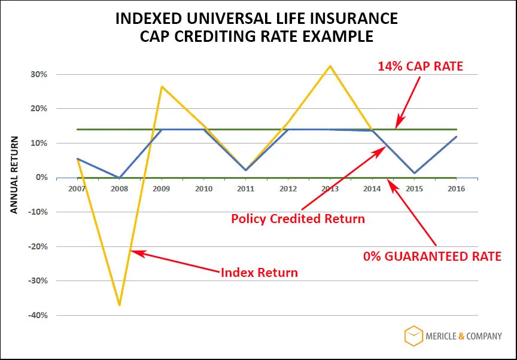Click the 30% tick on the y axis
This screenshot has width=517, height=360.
pyautogui.click(x=39, y=75)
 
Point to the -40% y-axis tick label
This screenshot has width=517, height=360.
pyautogui.click(x=38, y=315)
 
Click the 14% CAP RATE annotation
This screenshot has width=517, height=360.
pyautogui.click(x=420, y=66)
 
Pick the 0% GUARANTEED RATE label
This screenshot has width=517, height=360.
pyautogui.click(x=432, y=257)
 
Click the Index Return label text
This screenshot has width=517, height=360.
pyautogui.click(x=259, y=273)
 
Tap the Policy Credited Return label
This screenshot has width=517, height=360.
pyautogui.click(x=297, y=219)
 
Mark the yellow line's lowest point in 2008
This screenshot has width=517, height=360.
pyautogui.click(x=120, y=305)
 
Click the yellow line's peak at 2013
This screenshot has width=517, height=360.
pyautogui.click(x=330, y=66)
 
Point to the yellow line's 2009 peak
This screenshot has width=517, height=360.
pyautogui.click(x=162, y=87)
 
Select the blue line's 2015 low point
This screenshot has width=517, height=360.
pyautogui.click(x=415, y=173)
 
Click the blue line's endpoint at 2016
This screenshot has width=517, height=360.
pyautogui.click(x=457, y=137)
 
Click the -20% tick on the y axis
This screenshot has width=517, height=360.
pyautogui.click(x=38, y=246)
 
